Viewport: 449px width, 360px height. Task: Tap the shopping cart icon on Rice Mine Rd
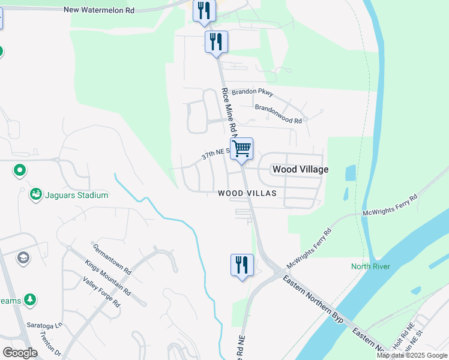click(x=242, y=149)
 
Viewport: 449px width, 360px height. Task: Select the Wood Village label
click(x=300, y=170)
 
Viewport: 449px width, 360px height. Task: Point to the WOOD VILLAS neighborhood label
click(x=247, y=193)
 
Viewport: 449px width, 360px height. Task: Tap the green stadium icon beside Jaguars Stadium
click(x=35, y=194)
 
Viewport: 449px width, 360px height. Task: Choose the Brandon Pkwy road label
click(x=253, y=92)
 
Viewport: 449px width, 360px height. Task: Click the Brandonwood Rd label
click(x=278, y=114)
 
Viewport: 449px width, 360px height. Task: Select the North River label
click(x=371, y=266)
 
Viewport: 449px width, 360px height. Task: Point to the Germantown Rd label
click(x=112, y=259)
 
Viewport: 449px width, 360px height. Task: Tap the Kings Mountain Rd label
click(x=107, y=277)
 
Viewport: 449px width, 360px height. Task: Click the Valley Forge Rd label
click(x=101, y=293)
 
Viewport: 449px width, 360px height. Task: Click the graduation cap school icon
click(x=23, y=258)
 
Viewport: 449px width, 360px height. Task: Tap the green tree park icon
click(x=29, y=299)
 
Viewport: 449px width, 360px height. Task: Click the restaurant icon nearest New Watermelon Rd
click(x=204, y=11)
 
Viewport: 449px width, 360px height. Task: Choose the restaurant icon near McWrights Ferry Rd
click(x=242, y=265)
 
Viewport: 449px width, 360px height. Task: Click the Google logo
click(x=20, y=353)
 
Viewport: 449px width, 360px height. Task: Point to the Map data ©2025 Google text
click(x=412, y=355)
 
